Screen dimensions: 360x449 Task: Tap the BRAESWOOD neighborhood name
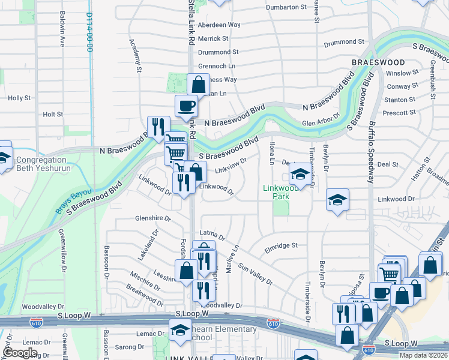[x=379, y=62]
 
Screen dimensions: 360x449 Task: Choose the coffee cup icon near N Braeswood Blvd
[x=186, y=106]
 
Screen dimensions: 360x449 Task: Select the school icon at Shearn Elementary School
[x=179, y=331]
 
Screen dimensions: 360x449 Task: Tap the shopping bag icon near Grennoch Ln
[x=198, y=84]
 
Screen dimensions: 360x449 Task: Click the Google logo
[x=20, y=353]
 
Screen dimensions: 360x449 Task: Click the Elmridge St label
[x=281, y=245]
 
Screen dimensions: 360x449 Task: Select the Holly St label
[x=19, y=98]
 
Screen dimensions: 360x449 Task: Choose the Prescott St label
[x=400, y=113]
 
